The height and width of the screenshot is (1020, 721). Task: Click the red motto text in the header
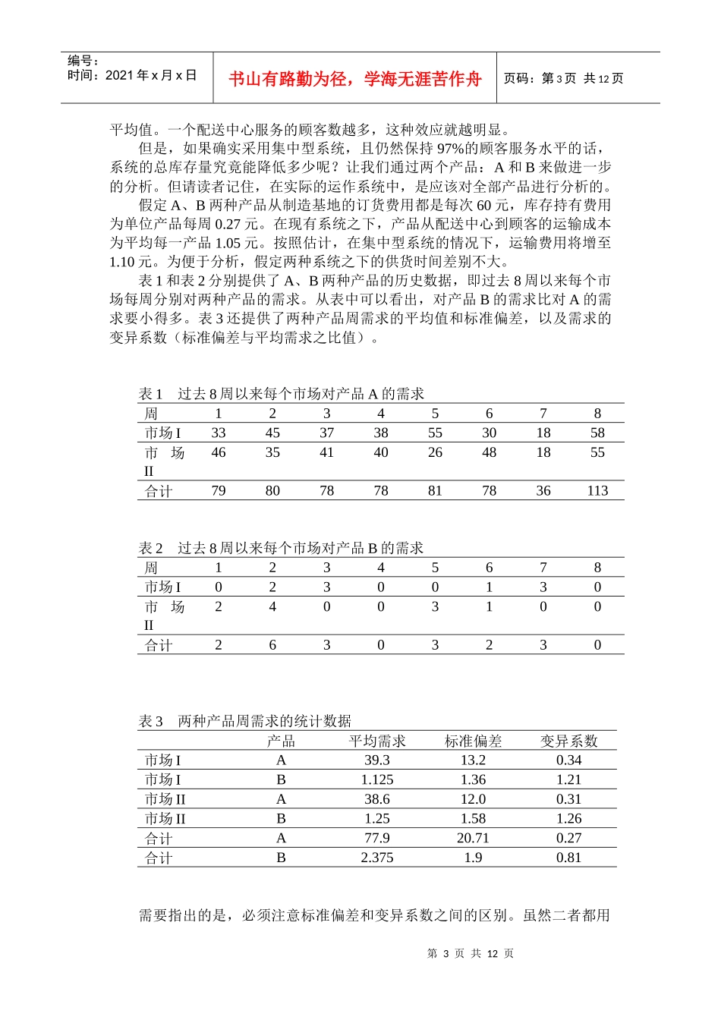click(x=355, y=79)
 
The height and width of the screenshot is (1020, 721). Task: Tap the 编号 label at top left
click(x=83, y=61)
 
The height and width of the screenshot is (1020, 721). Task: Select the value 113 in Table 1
click(x=597, y=491)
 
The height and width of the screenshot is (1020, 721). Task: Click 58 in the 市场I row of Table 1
click(x=597, y=433)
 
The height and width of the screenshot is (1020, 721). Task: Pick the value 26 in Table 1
click(x=435, y=452)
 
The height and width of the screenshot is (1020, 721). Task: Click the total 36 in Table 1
click(x=543, y=491)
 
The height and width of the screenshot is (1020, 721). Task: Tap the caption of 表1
click(x=281, y=394)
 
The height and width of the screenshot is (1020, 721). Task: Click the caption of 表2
click(x=281, y=548)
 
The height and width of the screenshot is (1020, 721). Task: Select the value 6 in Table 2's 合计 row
click(x=272, y=645)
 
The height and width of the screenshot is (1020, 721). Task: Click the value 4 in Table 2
click(x=272, y=606)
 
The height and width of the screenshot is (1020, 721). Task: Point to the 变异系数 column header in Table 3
click(x=568, y=741)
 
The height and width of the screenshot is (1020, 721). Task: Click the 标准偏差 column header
click(x=473, y=741)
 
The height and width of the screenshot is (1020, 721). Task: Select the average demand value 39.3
click(x=377, y=760)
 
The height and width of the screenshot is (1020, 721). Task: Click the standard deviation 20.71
click(x=473, y=838)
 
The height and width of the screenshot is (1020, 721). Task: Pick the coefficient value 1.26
click(x=568, y=819)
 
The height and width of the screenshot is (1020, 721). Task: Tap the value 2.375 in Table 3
click(x=377, y=858)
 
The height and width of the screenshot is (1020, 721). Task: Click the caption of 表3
click(x=244, y=721)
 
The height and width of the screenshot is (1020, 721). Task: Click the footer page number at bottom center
click(x=471, y=953)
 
